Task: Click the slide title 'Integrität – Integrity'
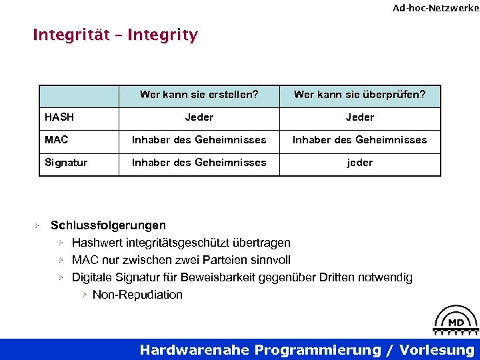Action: click(x=115, y=35)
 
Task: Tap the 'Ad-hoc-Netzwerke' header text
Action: click(x=435, y=8)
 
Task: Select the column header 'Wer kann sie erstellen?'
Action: click(x=199, y=95)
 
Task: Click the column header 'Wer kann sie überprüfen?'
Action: click(x=359, y=95)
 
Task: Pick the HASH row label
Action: click(x=59, y=117)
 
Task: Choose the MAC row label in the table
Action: click(x=57, y=140)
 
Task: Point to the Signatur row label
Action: click(x=66, y=163)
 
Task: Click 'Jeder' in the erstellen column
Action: click(x=199, y=117)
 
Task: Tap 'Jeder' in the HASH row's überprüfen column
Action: click(x=360, y=117)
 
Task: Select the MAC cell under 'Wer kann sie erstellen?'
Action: click(x=199, y=140)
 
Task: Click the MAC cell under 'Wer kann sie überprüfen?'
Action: click(x=360, y=140)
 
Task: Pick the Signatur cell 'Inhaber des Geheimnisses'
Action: click(x=199, y=163)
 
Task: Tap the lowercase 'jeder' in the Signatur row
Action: click(x=360, y=163)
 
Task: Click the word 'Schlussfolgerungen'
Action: click(x=109, y=225)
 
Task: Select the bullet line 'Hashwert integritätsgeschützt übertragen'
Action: click(x=181, y=243)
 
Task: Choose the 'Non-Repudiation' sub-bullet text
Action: click(x=137, y=295)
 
